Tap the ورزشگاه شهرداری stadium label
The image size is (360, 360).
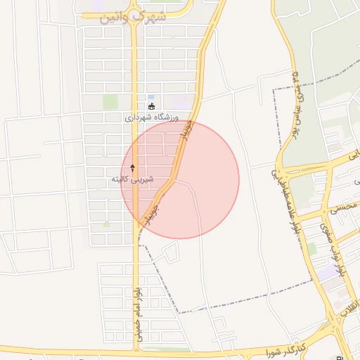pyautogui.click(x=153, y=117)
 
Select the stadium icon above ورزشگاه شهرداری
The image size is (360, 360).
pyautogui.click(x=151, y=107)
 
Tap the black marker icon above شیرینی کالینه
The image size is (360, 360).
pyautogui.click(x=132, y=167)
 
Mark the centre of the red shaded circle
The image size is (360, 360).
pyautogui.click(x=180, y=180)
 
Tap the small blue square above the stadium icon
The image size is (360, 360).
pyautogui.click(x=150, y=97)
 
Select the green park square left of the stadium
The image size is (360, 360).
pyautogui.click(x=110, y=102)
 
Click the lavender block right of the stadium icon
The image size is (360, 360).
pyautogui.click(x=181, y=101)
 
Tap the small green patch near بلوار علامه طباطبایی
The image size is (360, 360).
pyautogui.click(x=311, y=248)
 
